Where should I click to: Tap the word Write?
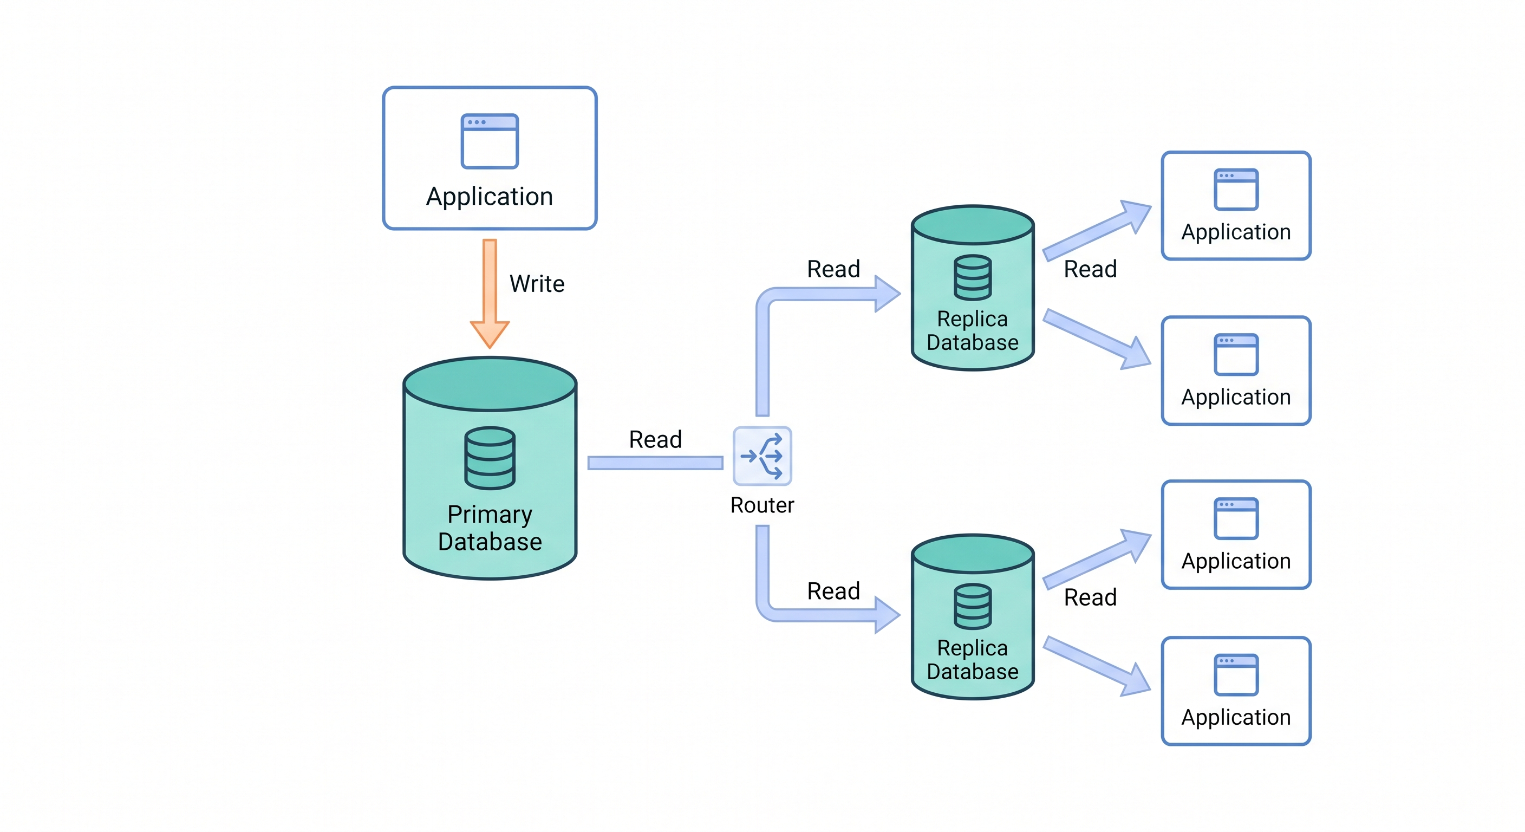pyautogui.click(x=537, y=284)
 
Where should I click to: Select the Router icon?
pyautogui.click(x=762, y=456)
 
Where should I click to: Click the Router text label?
pyautogui.click(x=762, y=505)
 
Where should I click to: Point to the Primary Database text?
pyautogui.click(x=490, y=528)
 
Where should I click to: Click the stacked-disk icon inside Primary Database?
pyautogui.click(x=490, y=458)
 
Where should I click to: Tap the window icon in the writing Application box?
pyautogui.click(x=490, y=141)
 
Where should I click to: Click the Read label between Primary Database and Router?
pyautogui.click(x=655, y=439)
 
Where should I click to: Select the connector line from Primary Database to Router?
pyautogui.click(x=655, y=463)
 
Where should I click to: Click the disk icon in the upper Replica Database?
pyautogui.click(x=972, y=277)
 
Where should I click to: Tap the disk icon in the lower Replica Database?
pyautogui.click(x=972, y=606)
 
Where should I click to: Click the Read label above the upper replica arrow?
pyautogui.click(x=833, y=269)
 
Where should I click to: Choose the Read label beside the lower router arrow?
pyautogui.click(x=833, y=591)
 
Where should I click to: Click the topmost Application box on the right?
pyautogui.click(x=1236, y=205)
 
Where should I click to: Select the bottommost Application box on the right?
pyautogui.click(x=1236, y=691)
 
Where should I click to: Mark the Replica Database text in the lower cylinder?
pyautogui.click(x=972, y=660)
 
